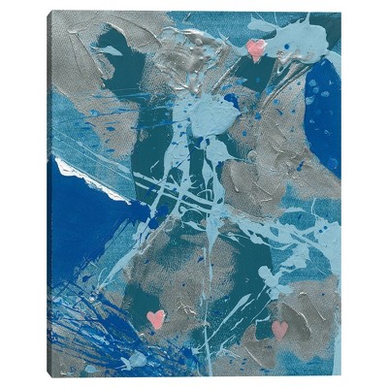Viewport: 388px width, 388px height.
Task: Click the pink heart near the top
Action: pos(255,48)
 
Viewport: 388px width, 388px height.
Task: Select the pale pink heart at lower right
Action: pos(279,329)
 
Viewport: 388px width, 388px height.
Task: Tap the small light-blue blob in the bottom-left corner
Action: pos(136,361)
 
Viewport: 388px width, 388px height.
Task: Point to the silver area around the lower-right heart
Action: pos(301,335)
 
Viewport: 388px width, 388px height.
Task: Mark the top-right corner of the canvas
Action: pos(340,13)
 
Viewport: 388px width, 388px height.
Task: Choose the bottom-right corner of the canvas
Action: pos(340,374)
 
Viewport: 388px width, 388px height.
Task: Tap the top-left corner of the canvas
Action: pos(51,13)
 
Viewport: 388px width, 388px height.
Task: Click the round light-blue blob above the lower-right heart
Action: pos(271,281)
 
